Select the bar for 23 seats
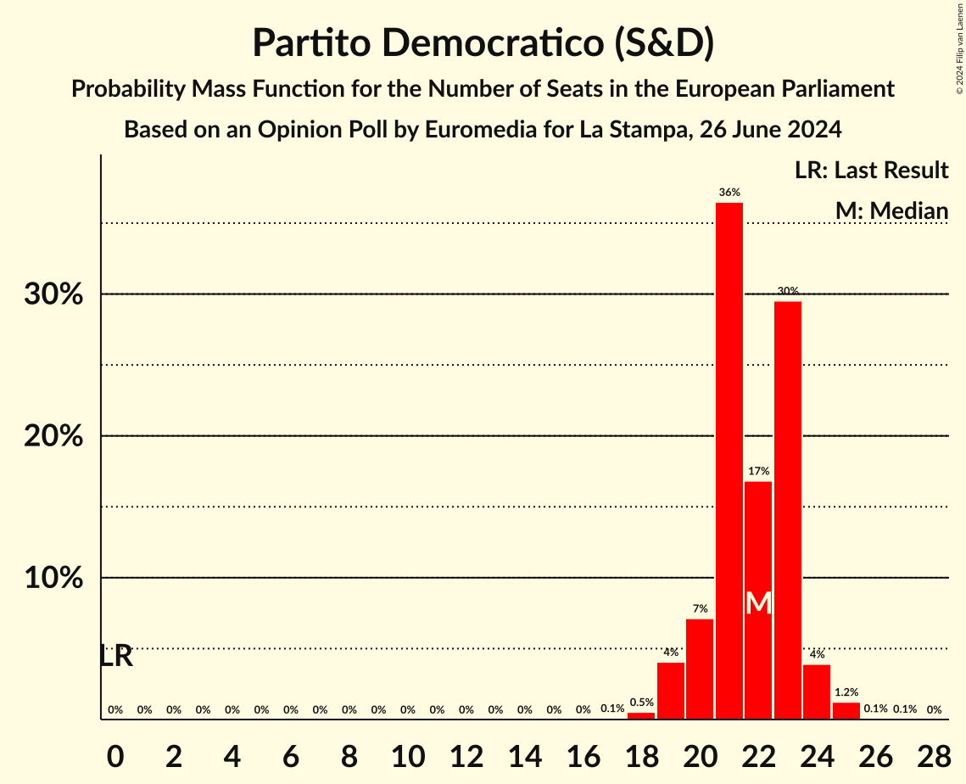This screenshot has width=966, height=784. click(788, 510)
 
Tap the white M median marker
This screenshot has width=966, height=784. click(759, 604)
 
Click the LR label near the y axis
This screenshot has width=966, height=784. click(116, 656)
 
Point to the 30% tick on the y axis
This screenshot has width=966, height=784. click(59, 294)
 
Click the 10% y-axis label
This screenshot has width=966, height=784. click(59, 578)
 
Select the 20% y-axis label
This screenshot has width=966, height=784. click(59, 436)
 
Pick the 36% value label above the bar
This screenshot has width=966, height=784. click(729, 193)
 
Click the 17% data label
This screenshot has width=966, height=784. click(759, 471)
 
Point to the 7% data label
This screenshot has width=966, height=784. click(700, 609)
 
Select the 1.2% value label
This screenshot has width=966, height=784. click(846, 692)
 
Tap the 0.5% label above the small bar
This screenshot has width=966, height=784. click(641, 702)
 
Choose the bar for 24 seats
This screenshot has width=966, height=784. click(817, 692)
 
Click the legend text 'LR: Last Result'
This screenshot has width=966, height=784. click(871, 171)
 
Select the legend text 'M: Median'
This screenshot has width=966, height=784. click(891, 210)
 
